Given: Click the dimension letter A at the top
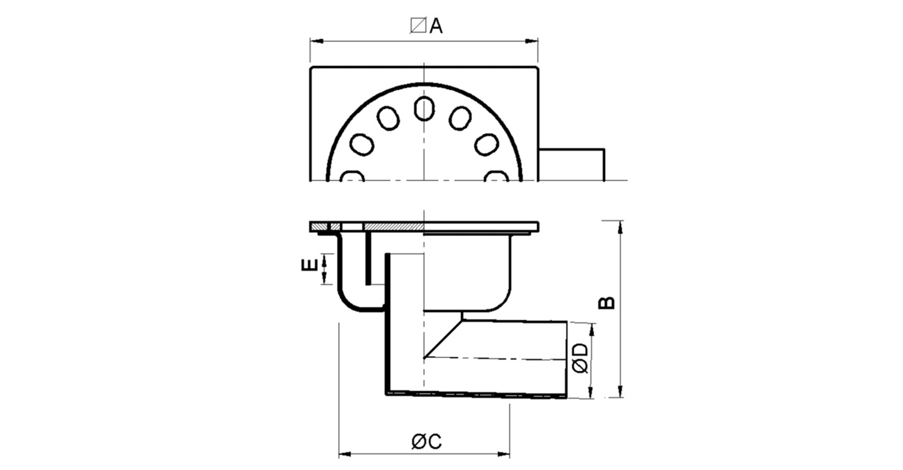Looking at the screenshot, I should click(436, 26).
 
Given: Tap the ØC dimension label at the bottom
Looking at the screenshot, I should click(427, 442).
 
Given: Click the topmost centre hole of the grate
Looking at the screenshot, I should click(424, 108).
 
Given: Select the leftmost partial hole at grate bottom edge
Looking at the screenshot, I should click(352, 176).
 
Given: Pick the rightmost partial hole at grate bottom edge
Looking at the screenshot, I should click(497, 176).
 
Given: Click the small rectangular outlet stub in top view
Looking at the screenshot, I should click(571, 164).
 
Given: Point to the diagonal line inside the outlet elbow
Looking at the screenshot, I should click(443, 339).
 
